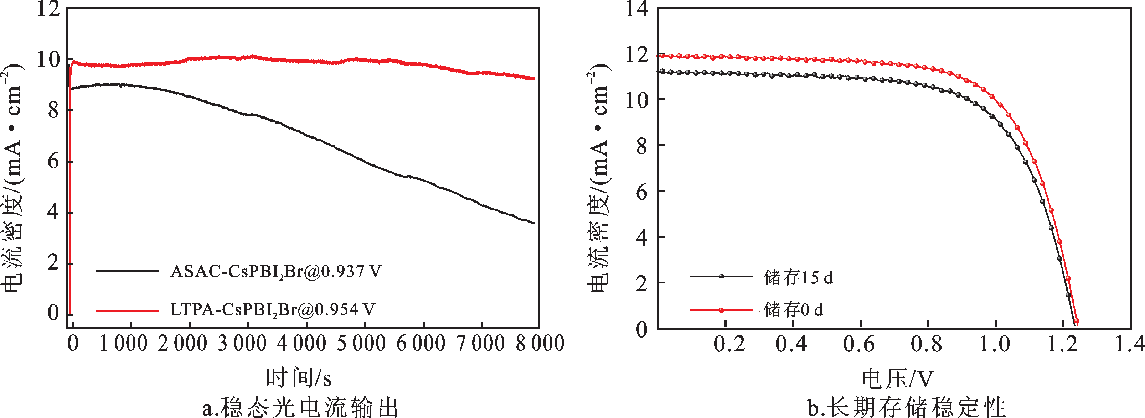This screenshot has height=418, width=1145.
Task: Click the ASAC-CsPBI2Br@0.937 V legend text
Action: [x=275, y=271]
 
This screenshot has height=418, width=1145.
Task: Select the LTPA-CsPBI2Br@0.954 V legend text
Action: [x=273, y=310]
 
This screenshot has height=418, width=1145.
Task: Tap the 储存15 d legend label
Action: [x=798, y=277]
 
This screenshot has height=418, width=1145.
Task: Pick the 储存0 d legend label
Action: [x=793, y=310]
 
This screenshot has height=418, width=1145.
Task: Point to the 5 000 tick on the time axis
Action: [x=361, y=343]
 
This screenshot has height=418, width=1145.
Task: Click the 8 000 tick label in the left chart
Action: [x=540, y=343]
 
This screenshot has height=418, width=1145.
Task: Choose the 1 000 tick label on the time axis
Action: [x=123, y=343]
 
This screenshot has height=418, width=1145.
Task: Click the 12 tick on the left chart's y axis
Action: [x=48, y=9]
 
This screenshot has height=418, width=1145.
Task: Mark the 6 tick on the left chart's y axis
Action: [x=53, y=161]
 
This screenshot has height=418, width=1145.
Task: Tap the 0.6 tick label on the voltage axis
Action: [x=859, y=344]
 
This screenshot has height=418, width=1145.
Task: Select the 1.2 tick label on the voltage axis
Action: [x=1062, y=344]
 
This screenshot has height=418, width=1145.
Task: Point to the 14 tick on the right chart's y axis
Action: [x=636, y=9]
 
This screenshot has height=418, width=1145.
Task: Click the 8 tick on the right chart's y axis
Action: [x=642, y=146]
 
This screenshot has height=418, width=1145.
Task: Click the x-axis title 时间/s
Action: [x=299, y=377]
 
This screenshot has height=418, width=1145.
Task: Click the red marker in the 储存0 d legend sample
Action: [x=721, y=310]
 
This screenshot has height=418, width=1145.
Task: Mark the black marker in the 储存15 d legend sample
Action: [x=721, y=276]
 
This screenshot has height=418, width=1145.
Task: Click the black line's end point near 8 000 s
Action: [x=535, y=223]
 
